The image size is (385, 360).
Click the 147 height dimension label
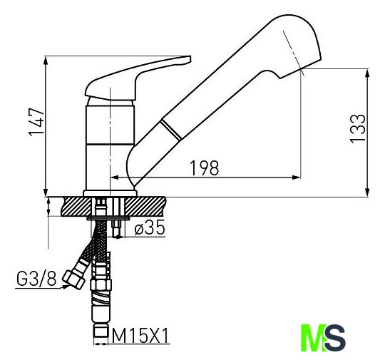pos(36,122)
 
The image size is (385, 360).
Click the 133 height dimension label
pos(357,128)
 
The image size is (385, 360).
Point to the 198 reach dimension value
pos(205,168)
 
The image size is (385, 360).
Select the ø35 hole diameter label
pos(150,227)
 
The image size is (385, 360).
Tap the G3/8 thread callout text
pos(36,279)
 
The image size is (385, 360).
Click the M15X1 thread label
pos(140,336)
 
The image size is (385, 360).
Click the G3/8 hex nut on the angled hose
pos(74,279)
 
